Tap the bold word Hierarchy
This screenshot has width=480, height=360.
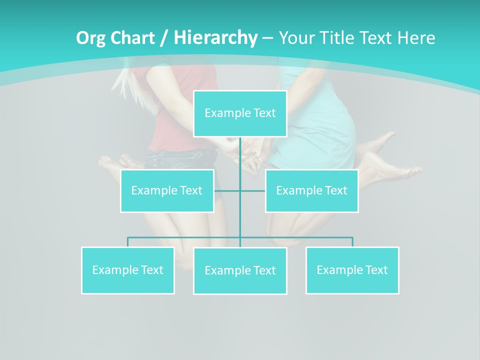click(x=215, y=38)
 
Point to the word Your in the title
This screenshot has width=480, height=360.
click(x=295, y=38)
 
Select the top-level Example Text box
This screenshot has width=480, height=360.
click(x=240, y=113)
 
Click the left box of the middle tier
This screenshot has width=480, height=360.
click(x=167, y=190)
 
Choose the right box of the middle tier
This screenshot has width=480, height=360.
click(x=311, y=190)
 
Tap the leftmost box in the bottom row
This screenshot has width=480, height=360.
click(x=128, y=270)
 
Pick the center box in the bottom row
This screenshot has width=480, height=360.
click(x=240, y=270)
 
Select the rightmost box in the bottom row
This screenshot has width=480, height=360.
click(x=352, y=270)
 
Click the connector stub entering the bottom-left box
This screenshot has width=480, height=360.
click(x=128, y=242)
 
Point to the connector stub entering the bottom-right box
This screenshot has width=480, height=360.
click(x=352, y=242)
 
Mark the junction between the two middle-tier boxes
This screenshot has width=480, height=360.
click(x=240, y=190)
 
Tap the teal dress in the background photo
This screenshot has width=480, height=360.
click(x=320, y=125)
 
